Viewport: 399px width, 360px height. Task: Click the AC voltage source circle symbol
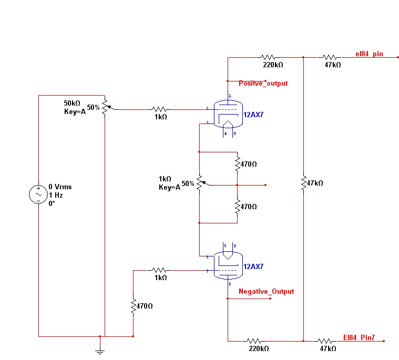tap(38, 194)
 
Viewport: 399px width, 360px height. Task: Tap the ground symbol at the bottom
tap(99, 349)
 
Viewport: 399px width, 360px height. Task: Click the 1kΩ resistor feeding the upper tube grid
tap(160, 110)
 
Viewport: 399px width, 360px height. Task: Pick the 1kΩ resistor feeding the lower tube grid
tap(160, 270)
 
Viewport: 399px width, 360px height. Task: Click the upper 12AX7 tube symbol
tap(228, 114)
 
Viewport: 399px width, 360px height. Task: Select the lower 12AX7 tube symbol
tap(228, 265)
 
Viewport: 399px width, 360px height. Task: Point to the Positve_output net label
tap(263, 84)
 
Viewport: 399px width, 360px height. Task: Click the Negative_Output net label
tap(266, 291)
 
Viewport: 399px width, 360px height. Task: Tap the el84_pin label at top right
tap(369, 54)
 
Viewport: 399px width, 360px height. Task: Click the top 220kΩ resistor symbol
tap(269, 57)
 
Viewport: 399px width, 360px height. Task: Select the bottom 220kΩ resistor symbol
tap(255, 341)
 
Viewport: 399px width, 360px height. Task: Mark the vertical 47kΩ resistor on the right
tap(304, 183)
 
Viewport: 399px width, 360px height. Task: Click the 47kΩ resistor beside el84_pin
tap(331, 57)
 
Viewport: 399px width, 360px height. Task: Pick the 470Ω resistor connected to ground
tap(134, 306)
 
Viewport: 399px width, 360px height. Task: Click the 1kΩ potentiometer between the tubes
tap(200, 183)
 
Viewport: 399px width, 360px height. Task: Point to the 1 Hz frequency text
tap(56, 195)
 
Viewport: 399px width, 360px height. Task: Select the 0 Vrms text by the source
tap(60, 187)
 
